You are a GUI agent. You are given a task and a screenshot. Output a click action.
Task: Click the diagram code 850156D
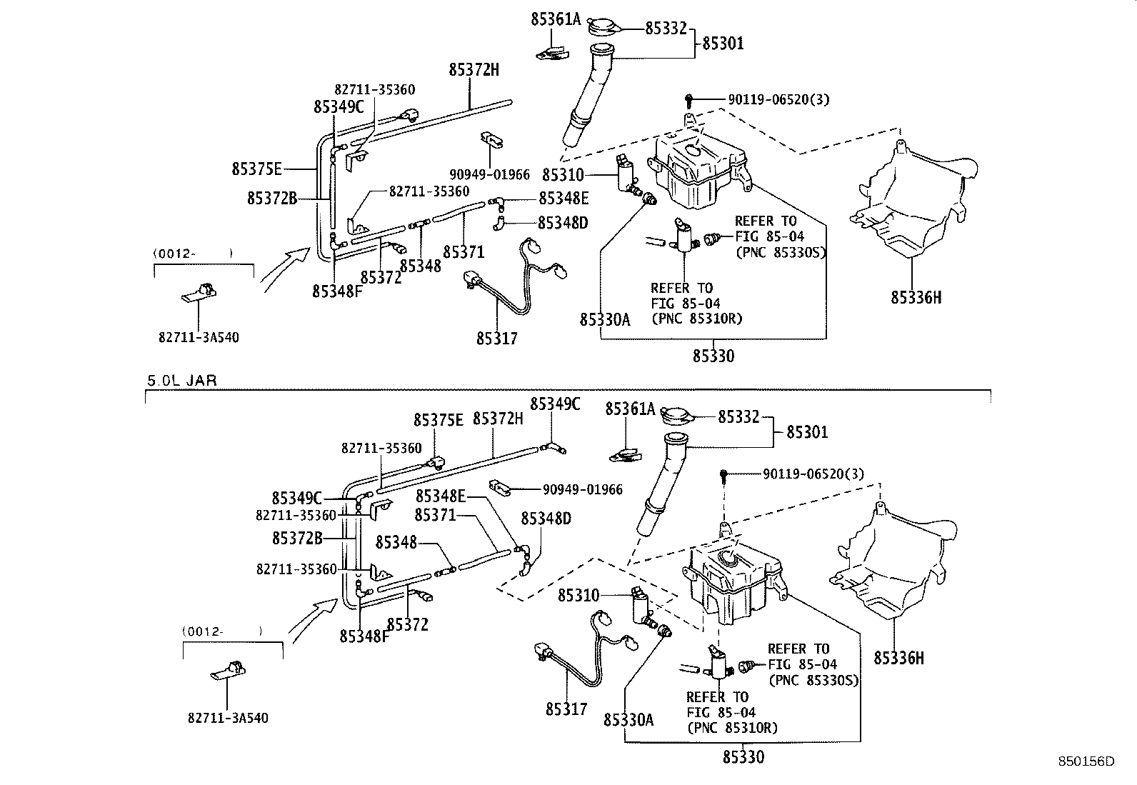(x=1086, y=762)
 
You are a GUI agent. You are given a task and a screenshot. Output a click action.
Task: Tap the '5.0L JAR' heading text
(x=181, y=381)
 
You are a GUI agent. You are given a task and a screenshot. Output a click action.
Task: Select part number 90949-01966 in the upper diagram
(x=489, y=174)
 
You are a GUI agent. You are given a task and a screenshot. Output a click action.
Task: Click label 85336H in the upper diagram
(x=916, y=298)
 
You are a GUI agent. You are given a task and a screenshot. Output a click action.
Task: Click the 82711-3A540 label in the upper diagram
(x=199, y=337)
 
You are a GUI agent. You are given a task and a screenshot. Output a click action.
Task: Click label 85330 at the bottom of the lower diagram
(x=743, y=757)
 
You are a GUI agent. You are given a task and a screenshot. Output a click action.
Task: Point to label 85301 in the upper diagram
(x=723, y=44)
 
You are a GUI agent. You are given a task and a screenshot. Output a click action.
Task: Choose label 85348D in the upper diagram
(x=563, y=223)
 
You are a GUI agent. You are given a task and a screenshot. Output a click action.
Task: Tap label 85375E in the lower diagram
(x=438, y=419)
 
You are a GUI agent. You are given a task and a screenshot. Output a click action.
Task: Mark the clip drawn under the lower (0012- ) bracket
(x=229, y=671)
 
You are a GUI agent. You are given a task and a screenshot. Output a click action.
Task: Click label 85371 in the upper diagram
(x=463, y=252)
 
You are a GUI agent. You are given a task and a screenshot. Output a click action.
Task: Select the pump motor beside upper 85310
(x=627, y=174)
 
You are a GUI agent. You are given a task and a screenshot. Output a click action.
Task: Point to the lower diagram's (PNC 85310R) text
(x=732, y=728)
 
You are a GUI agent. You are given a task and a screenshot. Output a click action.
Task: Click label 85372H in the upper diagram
(x=474, y=70)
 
